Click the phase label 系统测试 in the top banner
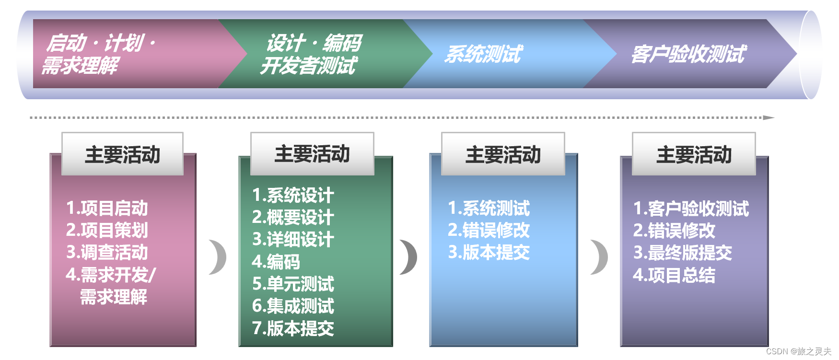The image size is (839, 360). point(483,54)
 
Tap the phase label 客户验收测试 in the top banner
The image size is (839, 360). point(688,54)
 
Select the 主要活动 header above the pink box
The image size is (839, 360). point(122,154)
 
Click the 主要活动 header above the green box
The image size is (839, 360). point(312,154)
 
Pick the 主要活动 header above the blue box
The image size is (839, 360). point(503,154)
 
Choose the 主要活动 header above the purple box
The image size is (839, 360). point(694,154)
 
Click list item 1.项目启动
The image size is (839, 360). point(107,208)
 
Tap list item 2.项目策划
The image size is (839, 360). point(107,230)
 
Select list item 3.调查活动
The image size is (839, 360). point(107,252)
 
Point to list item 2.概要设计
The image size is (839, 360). point(293,217)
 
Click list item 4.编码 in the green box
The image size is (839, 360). point(276,262)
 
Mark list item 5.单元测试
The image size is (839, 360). point(293,284)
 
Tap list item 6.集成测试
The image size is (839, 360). point(293,306)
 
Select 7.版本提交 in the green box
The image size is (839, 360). point(293,328)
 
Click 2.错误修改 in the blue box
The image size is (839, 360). point(489,230)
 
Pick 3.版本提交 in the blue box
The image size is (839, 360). point(489,252)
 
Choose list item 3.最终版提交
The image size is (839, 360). point(683,253)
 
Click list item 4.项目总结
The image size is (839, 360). point(674,275)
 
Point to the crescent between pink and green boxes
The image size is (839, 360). point(219,257)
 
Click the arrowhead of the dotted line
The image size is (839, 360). point(769,117)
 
